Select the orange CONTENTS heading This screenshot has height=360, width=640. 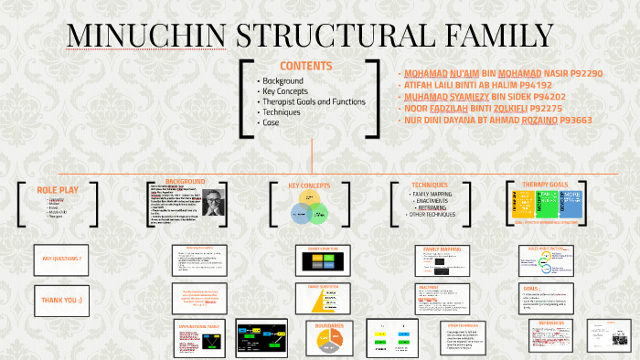pyautogui.click(x=305, y=66)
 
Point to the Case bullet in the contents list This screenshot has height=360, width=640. pyautogui.click(x=272, y=122)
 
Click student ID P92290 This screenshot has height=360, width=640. pyautogui.click(x=581, y=73)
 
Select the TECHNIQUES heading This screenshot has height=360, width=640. pyautogui.click(x=430, y=185)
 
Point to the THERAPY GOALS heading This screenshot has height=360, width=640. pyautogui.click(x=546, y=184)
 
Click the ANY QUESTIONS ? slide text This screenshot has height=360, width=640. pyautogui.click(x=62, y=259)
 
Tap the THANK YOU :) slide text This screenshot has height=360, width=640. pyautogui.click(x=62, y=299)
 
